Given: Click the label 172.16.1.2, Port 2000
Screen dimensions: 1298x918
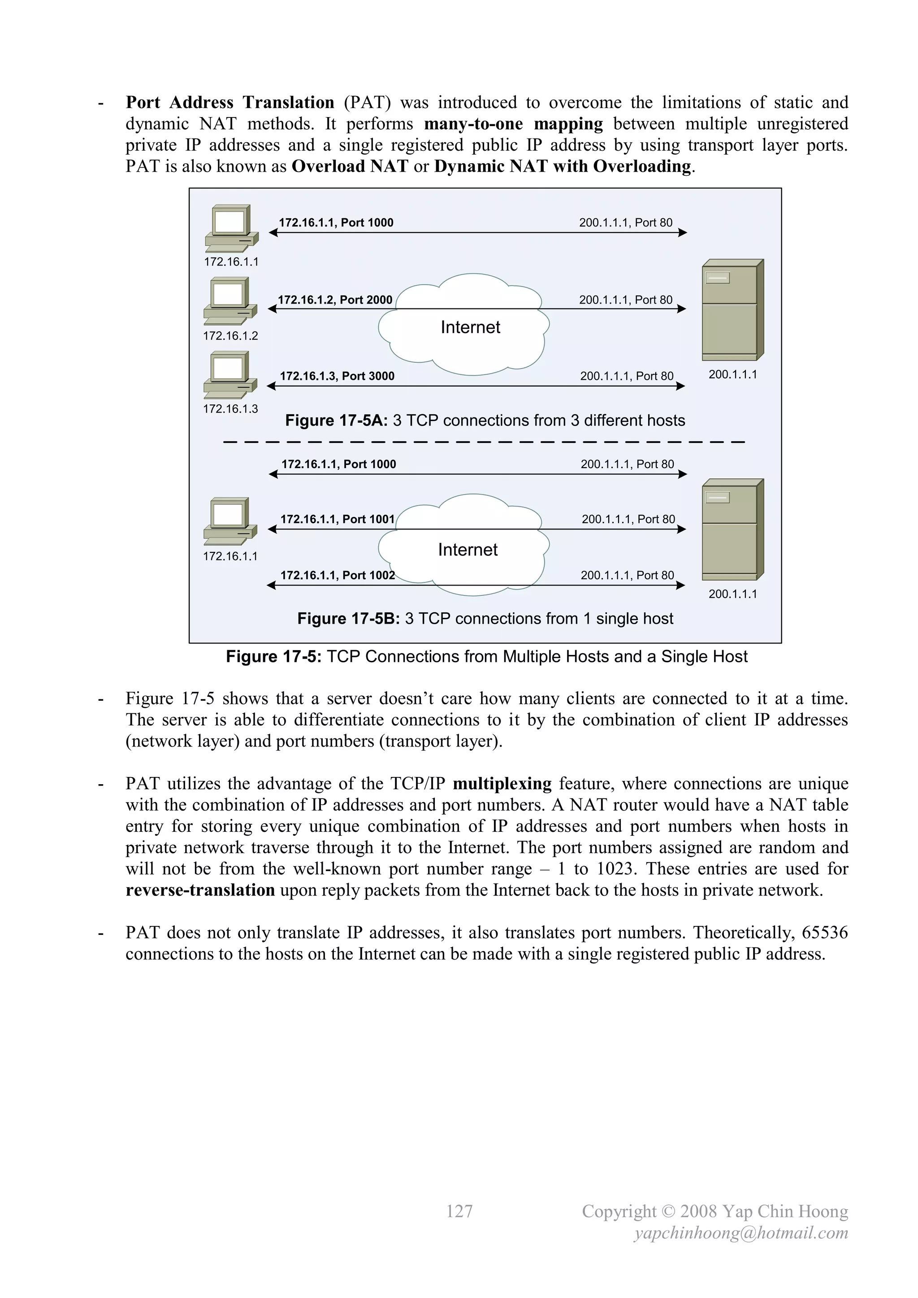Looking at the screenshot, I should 335,300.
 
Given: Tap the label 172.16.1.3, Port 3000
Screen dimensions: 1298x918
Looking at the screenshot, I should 337,376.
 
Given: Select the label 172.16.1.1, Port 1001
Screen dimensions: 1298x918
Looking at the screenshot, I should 338,519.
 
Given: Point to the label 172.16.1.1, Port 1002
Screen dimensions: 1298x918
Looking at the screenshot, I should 338,575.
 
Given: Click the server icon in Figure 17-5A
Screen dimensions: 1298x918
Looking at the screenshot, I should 732,310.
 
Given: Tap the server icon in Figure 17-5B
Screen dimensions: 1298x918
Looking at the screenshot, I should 732,529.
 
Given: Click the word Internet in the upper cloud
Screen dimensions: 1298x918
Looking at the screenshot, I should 470,327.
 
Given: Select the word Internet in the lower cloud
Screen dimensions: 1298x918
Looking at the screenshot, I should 468,550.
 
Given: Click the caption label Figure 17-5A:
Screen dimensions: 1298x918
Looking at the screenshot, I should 336,421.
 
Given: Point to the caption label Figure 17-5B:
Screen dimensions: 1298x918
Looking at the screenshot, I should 348,618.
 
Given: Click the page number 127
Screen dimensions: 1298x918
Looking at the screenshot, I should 459,1211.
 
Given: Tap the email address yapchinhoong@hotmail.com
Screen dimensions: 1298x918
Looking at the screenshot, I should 741,1233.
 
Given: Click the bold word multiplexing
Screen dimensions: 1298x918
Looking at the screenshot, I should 502,784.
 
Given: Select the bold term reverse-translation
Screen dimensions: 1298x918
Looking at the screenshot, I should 200,890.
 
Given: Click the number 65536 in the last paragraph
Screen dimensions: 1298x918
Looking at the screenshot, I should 825,932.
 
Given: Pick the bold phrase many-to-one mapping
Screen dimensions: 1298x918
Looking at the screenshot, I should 513,124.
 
